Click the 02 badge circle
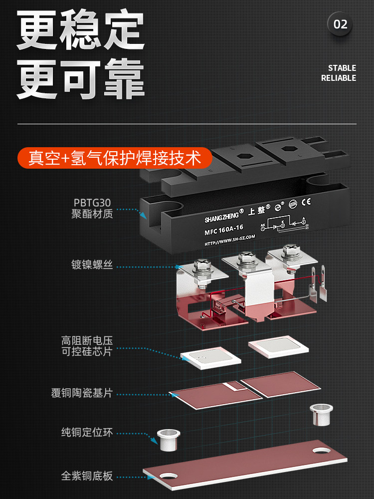coord(340,24)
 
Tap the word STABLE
coord(342,68)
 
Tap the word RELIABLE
coord(339,78)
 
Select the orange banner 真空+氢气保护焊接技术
coord(115,158)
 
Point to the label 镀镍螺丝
coord(92,265)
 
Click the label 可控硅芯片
coord(87,351)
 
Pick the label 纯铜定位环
coord(87,432)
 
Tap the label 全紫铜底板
coord(87,476)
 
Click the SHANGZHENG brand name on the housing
coord(221,217)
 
